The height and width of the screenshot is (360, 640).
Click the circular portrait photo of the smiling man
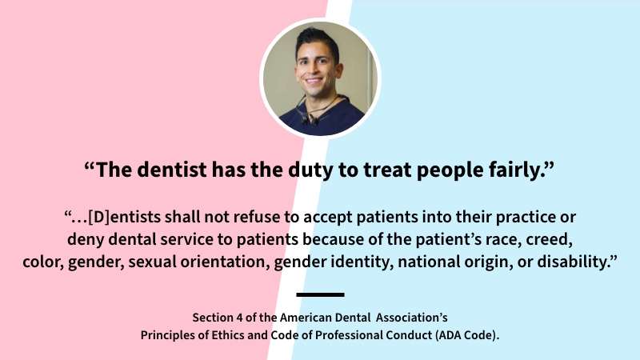320,77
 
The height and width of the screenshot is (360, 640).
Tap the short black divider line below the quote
320,294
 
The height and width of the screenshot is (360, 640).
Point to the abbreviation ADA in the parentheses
456,334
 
